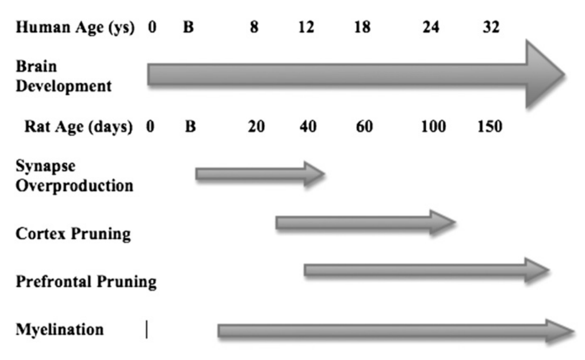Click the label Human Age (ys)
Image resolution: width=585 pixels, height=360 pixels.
[x=75, y=27]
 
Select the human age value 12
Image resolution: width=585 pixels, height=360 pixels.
[x=307, y=27]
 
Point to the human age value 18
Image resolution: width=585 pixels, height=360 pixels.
[x=363, y=27]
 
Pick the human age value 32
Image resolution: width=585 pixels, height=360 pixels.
[x=490, y=27]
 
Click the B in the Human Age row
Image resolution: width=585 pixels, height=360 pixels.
[x=188, y=27]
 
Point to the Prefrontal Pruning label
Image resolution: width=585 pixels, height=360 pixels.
[x=86, y=282]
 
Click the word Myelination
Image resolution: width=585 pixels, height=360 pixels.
[x=60, y=330]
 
